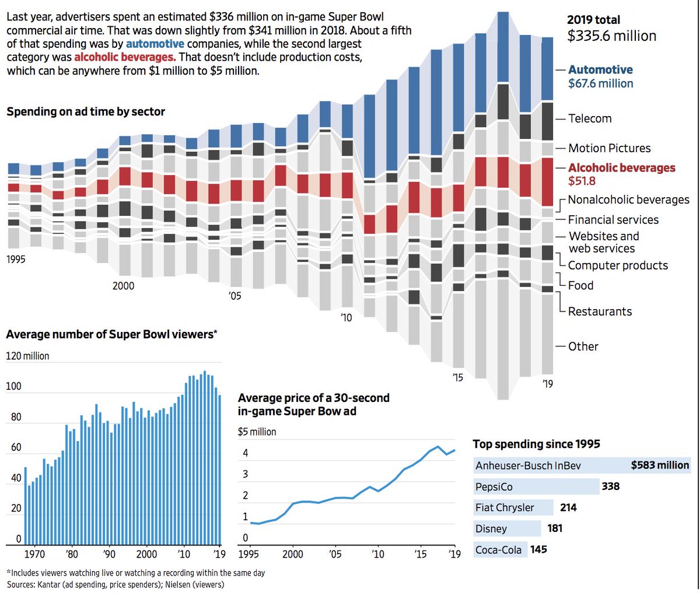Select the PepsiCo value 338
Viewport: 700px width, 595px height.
(611, 487)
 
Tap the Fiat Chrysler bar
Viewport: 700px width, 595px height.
(513, 508)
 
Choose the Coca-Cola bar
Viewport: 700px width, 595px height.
(501, 549)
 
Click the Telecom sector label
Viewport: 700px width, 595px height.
(590, 118)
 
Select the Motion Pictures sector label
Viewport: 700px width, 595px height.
(609, 148)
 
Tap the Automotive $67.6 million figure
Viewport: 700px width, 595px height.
(600, 83)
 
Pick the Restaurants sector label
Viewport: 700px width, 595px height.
(600, 311)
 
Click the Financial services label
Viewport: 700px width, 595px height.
(613, 220)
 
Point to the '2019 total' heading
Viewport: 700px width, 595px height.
(593, 20)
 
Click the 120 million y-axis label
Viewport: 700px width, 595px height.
(27, 356)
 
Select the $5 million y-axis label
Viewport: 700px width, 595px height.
(257, 432)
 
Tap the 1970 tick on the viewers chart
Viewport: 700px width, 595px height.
(35, 554)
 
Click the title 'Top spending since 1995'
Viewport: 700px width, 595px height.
(536, 444)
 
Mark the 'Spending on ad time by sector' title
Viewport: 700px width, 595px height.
(86, 111)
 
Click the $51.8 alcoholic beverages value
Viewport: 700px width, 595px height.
(582, 181)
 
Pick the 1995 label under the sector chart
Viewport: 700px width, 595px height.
(16, 259)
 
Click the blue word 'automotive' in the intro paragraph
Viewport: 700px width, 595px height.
(155, 44)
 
